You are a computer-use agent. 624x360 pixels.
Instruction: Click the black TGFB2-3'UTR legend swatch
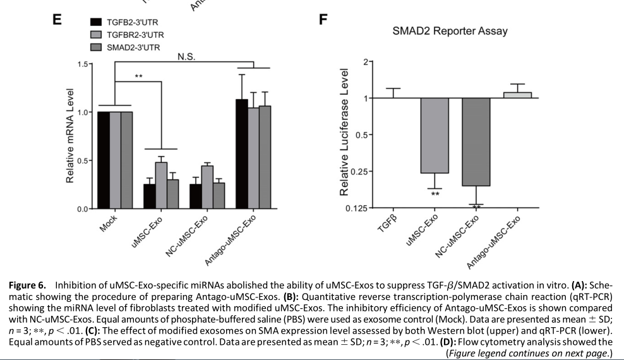(x=96, y=21)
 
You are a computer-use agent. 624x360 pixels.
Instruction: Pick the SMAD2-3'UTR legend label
(x=133, y=47)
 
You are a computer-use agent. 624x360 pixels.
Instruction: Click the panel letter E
(x=56, y=19)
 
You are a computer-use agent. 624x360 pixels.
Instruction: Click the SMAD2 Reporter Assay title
(x=450, y=30)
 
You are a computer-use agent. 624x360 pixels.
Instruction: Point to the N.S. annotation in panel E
(x=186, y=56)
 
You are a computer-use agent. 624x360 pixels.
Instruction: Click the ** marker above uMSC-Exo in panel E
(x=138, y=76)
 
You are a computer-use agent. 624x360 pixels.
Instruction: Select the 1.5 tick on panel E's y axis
(x=81, y=64)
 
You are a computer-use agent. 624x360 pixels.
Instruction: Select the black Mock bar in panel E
(x=103, y=160)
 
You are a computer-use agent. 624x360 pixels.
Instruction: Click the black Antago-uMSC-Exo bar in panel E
(x=241, y=153)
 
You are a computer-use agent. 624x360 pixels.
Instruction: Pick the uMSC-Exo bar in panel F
(x=435, y=135)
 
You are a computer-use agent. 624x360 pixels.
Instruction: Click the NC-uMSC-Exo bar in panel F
(x=476, y=141)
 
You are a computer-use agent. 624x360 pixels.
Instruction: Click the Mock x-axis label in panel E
(x=109, y=224)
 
